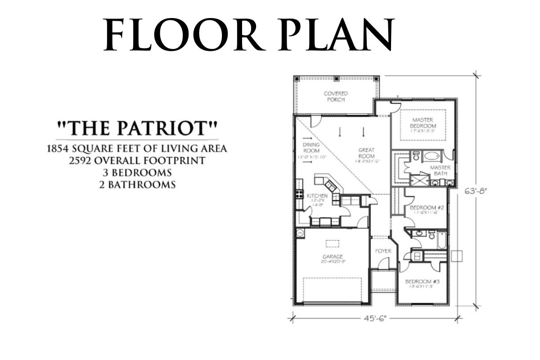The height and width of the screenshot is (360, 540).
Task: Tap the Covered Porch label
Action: (336, 96)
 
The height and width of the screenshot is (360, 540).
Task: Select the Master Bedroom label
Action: (423, 123)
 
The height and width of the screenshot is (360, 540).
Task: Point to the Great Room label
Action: (367, 153)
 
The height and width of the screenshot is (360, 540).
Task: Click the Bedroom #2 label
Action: (427, 207)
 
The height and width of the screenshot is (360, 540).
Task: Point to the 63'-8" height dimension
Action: (476, 190)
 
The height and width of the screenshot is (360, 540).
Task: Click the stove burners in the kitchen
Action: (299, 194)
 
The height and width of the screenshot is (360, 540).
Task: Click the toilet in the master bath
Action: (416, 156)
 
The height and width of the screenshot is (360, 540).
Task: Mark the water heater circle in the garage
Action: (300, 233)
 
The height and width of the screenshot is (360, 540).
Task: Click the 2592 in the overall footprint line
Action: (83, 160)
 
